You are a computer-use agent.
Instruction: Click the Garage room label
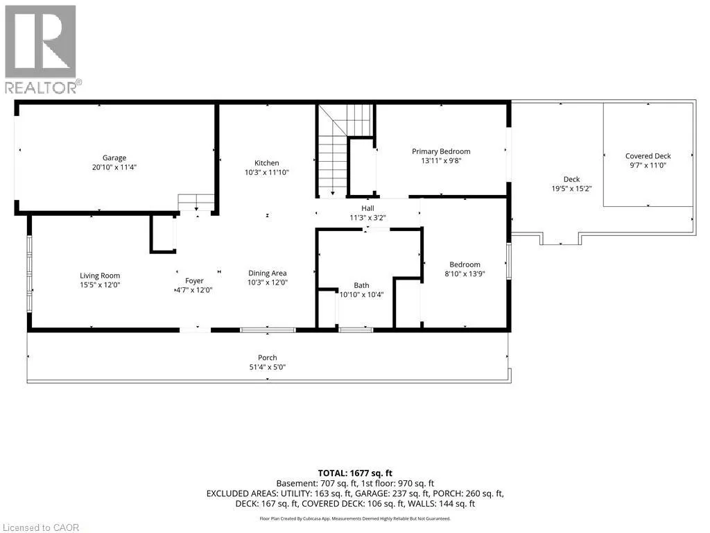point(114,158)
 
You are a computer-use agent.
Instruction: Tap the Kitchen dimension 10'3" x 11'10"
point(267,172)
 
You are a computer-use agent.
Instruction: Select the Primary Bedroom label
point(441,151)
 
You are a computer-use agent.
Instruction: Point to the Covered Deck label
point(648,156)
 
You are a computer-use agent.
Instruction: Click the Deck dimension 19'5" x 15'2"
point(571,189)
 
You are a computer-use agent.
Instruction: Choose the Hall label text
point(367,208)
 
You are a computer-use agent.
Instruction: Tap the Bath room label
point(361,285)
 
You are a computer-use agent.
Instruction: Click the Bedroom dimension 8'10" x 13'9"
point(465,273)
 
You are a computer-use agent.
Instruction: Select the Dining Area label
point(267,273)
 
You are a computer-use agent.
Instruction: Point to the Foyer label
point(194,281)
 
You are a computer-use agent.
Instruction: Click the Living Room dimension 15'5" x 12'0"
point(100,285)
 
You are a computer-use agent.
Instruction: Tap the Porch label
point(268,357)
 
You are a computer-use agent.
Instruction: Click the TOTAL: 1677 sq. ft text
point(355,473)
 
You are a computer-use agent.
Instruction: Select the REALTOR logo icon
point(41,42)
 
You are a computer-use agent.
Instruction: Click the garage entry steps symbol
point(196,202)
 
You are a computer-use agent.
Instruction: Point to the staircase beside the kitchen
point(345,150)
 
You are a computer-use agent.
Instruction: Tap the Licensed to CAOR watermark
point(41,527)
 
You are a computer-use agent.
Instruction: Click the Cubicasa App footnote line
point(355,518)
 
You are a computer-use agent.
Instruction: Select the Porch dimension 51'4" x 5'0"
point(268,367)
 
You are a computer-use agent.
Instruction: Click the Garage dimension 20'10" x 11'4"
point(114,167)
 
